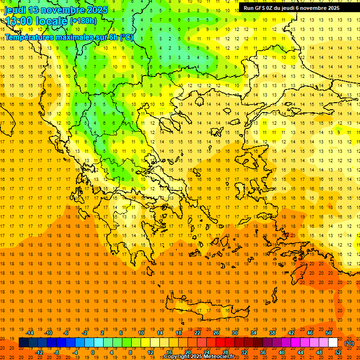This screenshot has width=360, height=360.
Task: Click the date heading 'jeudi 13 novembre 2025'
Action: (x=56, y=10)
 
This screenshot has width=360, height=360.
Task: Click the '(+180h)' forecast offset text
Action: (x=83, y=21)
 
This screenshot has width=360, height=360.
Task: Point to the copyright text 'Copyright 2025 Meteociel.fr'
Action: (x=199, y=357)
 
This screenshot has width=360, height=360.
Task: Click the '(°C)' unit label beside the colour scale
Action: (x=349, y=343)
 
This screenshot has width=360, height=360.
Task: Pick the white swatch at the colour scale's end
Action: (x=333, y=343)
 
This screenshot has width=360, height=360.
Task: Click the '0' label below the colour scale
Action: (x=93, y=352)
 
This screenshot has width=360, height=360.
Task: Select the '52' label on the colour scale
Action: (x=338, y=352)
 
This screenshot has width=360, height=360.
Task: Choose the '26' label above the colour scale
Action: (x=216, y=333)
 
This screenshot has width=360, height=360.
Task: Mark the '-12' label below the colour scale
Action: (x=39, y=352)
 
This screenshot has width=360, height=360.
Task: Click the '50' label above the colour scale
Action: (x=329, y=333)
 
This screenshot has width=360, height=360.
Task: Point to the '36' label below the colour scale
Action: (x=263, y=352)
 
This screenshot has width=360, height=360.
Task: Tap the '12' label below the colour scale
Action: (x=150, y=352)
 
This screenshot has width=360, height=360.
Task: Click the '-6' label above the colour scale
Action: (x=67, y=333)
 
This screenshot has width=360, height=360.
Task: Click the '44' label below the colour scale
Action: (x=300, y=352)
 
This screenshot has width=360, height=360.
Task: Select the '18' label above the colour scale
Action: (x=179, y=333)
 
